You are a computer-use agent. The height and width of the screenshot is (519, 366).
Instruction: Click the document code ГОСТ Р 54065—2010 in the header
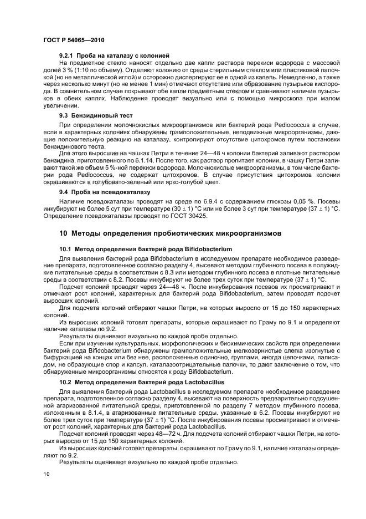73,40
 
